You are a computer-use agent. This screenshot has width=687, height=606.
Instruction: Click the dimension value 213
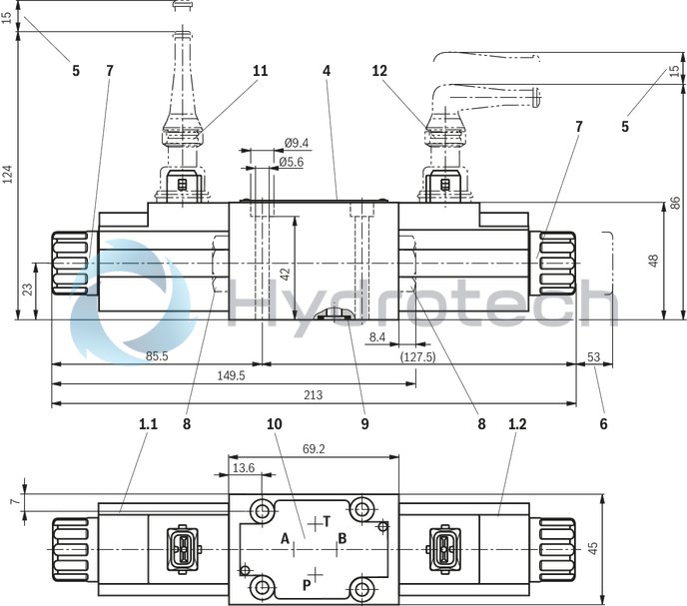pyautogui.click(x=313, y=395)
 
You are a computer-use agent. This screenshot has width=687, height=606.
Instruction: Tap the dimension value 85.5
pyautogui.click(x=156, y=354)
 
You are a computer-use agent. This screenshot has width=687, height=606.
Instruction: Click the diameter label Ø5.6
pyautogui.click(x=291, y=162)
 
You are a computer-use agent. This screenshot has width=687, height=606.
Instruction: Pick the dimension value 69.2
pyautogui.click(x=313, y=450)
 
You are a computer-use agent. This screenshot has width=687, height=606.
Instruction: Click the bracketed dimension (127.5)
pyautogui.click(x=416, y=355)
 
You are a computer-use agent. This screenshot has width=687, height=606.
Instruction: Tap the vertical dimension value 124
pyautogui.click(x=9, y=176)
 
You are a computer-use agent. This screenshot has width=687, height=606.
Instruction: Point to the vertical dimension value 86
pyautogui.click(x=675, y=202)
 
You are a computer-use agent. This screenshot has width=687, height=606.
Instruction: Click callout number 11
pyautogui.click(x=261, y=71)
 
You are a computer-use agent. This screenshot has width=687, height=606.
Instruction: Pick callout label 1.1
pyautogui.click(x=148, y=423)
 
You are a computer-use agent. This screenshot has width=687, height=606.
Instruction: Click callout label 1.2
pyautogui.click(x=517, y=423)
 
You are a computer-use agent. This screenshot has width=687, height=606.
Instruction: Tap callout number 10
pyautogui.click(x=275, y=423)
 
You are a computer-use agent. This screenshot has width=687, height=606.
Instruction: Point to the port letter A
pyautogui.click(x=285, y=539)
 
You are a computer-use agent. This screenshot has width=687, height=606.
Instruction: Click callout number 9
pyautogui.click(x=365, y=423)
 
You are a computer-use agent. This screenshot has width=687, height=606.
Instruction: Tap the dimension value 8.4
pyautogui.click(x=376, y=338)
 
